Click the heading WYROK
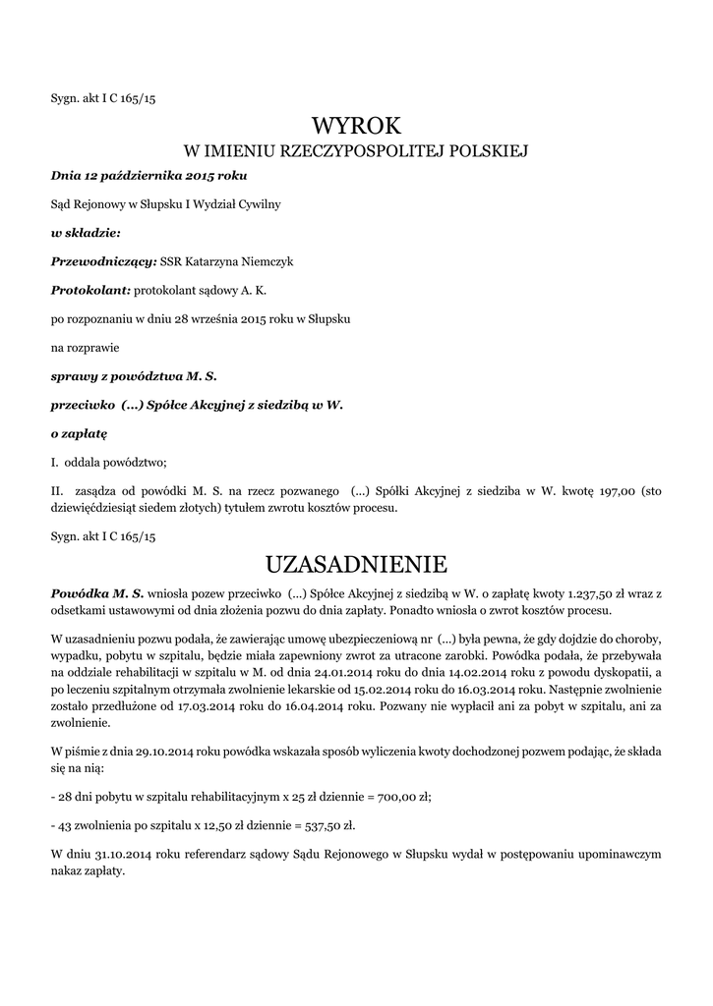tap(357, 126)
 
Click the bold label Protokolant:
tap(90, 291)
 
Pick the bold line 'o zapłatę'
tap(79, 432)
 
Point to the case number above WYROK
tap(103, 99)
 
